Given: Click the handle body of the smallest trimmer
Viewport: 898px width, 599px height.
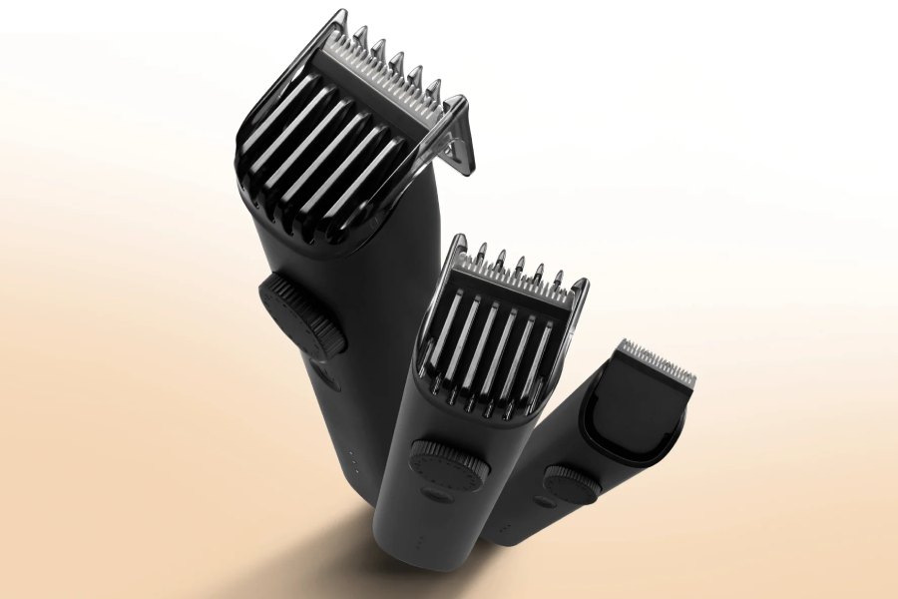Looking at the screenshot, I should pos(529,509).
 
